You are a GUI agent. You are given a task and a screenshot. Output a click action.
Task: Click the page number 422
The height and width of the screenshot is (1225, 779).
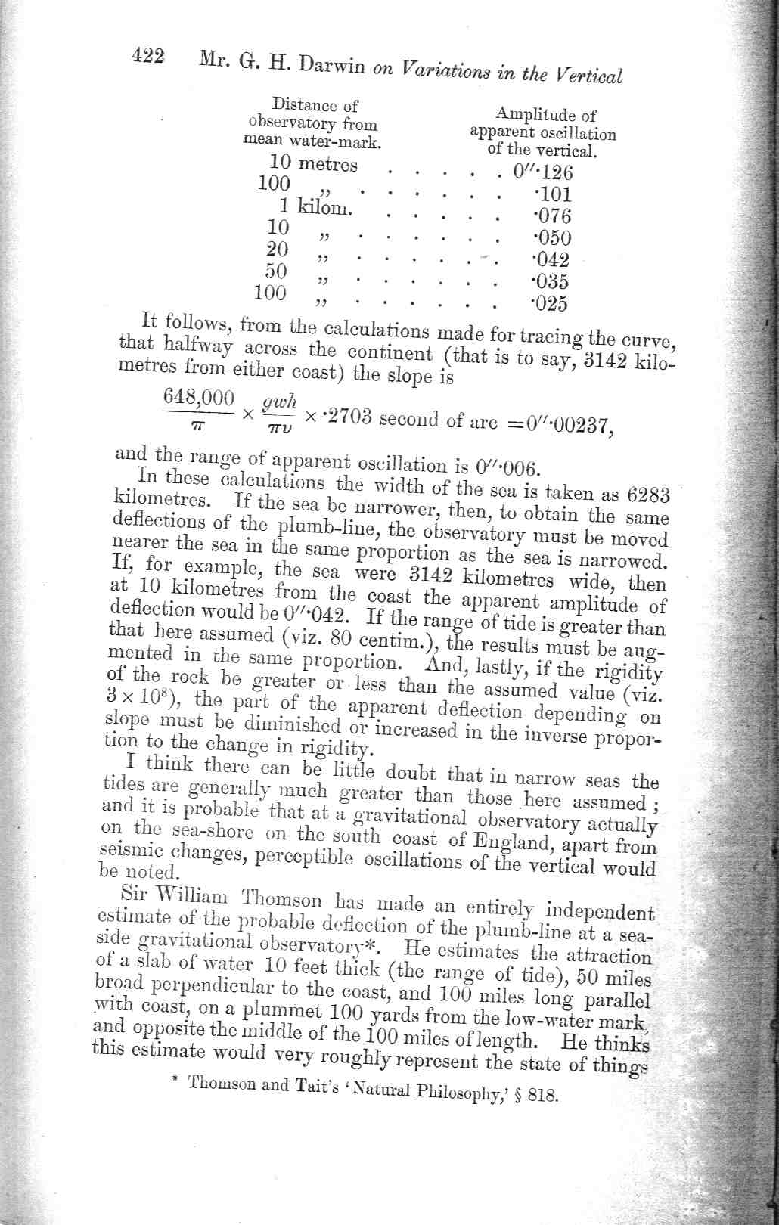click(149, 57)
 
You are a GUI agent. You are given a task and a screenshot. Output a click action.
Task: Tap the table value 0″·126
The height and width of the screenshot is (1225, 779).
click(543, 171)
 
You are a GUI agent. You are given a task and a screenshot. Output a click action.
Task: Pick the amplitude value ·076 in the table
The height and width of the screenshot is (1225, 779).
click(551, 216)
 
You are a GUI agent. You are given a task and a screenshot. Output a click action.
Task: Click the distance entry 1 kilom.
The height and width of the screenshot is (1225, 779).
click(315, 206)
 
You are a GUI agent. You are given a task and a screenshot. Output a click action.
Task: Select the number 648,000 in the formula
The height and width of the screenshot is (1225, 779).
click(199, 398)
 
